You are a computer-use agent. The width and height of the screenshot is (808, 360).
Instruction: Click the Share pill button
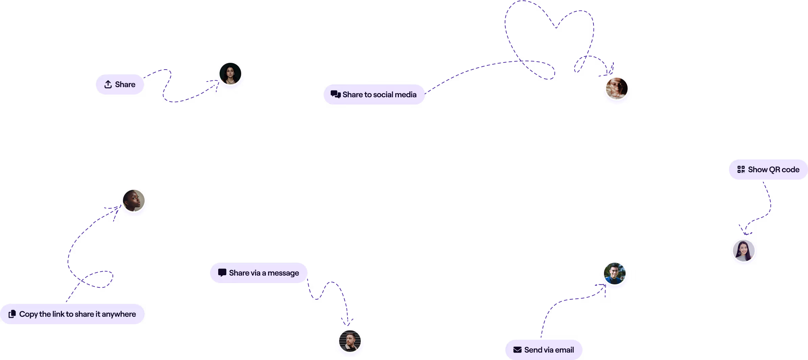[x=120, y=84]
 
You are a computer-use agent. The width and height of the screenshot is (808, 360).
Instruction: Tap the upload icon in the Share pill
[x=108, y=84]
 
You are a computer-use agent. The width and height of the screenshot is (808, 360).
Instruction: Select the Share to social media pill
[x=374, y=95]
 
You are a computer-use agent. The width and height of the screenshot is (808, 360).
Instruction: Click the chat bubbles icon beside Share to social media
[x=335, y=94]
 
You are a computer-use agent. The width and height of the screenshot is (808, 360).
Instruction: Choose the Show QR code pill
[x=768, y=170]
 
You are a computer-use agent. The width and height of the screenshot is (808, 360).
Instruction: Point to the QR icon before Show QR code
[x=741, y=170]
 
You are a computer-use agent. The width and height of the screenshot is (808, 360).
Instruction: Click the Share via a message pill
[x=259, y=273]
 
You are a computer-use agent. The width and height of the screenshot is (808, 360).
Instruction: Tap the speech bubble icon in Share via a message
[x=222, y=273]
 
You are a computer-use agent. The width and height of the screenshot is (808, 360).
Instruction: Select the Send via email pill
[x=544, y=350]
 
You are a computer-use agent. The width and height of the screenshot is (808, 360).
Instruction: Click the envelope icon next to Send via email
[x=517, y=350]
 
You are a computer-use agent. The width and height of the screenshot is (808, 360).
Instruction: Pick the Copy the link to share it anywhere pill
[x=72, y=314]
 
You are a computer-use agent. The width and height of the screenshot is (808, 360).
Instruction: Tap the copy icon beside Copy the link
[x=12, y=314]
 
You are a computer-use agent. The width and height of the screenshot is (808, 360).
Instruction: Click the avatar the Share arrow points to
[x=230, y=74]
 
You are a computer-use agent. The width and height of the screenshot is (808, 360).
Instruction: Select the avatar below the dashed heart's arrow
[x=617, y=88]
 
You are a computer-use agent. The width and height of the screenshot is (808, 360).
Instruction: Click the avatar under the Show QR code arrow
[x=744, y=251]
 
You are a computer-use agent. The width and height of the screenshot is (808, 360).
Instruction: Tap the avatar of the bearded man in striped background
[x=350, y=341]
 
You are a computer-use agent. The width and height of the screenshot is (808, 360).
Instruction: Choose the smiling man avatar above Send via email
[x=615, y=274]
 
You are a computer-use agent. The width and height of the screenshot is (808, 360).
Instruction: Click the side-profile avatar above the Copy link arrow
[x=134, y=201]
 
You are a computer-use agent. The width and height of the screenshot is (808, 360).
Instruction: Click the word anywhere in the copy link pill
[x=119, y=314]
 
